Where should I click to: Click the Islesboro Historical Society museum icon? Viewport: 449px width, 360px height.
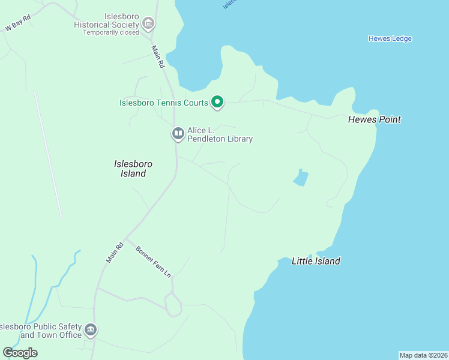148,25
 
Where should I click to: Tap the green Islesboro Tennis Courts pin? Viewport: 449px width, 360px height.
217,103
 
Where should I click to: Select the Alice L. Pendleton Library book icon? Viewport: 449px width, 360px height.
178,134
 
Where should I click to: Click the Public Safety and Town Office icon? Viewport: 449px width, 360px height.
91,330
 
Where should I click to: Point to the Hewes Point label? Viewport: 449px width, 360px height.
374,119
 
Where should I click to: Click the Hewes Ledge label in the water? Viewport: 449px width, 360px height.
390,39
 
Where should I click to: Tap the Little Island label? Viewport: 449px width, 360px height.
316,261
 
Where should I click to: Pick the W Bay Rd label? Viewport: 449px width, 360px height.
17,23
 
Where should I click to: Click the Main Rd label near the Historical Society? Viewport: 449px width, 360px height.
158,57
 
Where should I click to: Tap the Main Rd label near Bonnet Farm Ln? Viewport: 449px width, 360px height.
115,252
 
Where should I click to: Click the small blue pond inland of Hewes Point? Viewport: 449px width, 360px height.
301,178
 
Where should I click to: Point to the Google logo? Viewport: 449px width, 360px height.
20,353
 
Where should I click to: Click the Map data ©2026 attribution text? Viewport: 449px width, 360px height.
423,355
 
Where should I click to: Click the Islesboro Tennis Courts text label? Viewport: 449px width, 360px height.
163,103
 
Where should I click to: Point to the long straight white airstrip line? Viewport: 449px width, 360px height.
48,154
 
